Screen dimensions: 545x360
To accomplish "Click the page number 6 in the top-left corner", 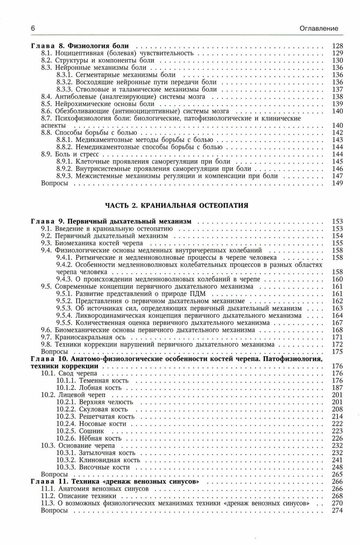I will [33, 29].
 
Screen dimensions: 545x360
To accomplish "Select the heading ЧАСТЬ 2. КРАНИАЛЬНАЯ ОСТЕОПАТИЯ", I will [177, 205].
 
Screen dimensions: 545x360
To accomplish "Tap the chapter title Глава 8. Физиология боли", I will [80, 46].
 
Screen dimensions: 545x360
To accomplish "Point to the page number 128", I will [337, 46].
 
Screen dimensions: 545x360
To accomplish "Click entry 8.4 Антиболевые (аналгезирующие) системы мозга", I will [123, 97].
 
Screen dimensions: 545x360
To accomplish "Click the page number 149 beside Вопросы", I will [337, 184].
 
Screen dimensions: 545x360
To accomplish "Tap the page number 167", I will [337, 323].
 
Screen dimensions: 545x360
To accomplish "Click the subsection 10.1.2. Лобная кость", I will [89, 388].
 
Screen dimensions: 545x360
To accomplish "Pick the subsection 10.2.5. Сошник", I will [80, 431].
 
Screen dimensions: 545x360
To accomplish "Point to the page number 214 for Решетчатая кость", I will [337, 417].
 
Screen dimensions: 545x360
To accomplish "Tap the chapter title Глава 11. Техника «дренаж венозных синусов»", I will [115, 482].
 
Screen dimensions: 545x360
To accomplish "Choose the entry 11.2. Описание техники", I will [78, 496].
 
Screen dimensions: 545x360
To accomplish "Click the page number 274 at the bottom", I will [337, 511].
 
